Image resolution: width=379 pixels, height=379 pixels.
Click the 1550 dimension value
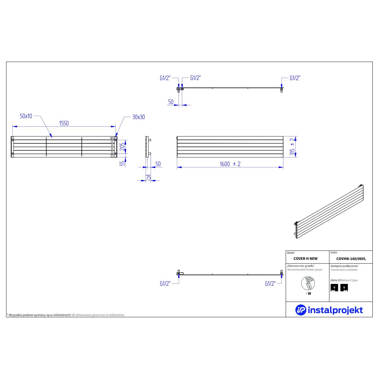pyautogui.click(x=64, y=123)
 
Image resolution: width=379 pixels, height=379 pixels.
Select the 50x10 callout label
pyautogui.click(x=26, y=116)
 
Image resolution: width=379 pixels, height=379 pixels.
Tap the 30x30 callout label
pyautogui.click(x=138, y=117)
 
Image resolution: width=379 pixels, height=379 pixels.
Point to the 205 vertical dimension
pyautogui.click(x=122, y=147)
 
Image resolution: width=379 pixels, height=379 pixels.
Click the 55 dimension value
pyautogui.click(x=122, y=163)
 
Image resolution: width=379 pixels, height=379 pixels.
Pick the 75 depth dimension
pyautogui.click(x=148, y=177)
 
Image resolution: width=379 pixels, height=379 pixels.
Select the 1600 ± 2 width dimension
pyautogui.click(x=230, y=164)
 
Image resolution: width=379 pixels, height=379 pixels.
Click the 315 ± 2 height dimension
pyautogui.click(x=292, y=147)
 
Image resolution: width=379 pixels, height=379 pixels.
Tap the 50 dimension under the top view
pyautogui.click(x=171, y=102)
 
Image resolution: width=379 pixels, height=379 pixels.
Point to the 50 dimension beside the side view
pyautogui.click(x=158, y=164)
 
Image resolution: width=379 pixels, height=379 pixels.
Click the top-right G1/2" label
pyautogui.click(x=295, y=78)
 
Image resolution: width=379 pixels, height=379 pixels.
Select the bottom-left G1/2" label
pyautogui.click(x=165, y=284)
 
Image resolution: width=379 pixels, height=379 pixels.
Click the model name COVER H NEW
pyautogui.click(x=305, y=259)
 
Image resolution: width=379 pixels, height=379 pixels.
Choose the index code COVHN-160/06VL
pyautogui.click(x=351, y=259)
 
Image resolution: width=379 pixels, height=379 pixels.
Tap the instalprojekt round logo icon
pyautogui.click(x=301, y=310)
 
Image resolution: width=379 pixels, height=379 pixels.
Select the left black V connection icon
pyautogui.click(x=334, y=287)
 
